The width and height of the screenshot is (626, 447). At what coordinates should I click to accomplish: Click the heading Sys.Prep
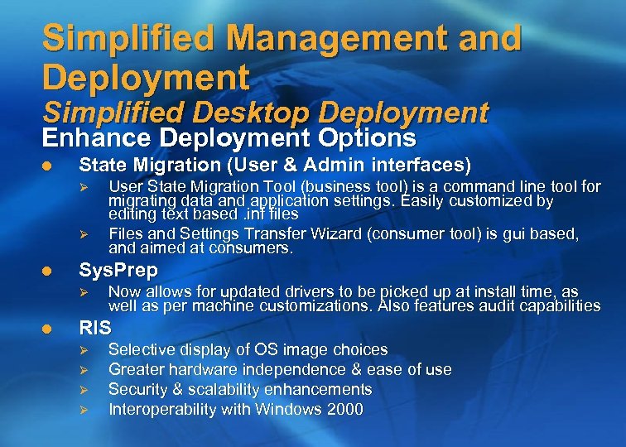[x=118, y=272]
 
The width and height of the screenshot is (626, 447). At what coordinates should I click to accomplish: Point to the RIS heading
[x=94, y=329]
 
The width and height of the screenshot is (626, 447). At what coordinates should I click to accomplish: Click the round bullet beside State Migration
[x=47, y=166]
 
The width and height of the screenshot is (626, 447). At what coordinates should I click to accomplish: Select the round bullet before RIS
[x=47, y=329]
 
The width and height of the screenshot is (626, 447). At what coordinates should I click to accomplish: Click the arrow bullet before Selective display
[x=81, y=350]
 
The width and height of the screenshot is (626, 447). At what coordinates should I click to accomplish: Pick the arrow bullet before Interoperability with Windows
[x=81, y=410]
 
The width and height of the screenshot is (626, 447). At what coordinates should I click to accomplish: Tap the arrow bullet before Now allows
[x=81, y=292]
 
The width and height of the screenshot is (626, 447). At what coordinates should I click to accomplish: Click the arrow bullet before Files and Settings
[x=81, y=234]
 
